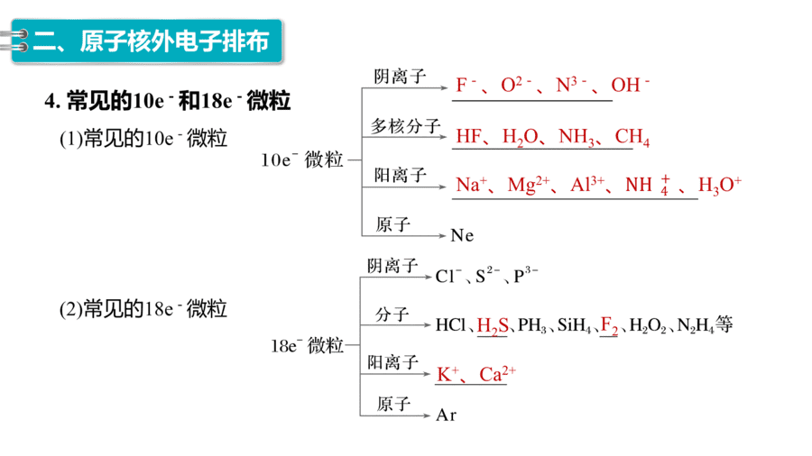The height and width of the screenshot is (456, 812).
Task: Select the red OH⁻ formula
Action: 630,85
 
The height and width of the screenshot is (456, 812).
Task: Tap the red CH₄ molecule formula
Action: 632,137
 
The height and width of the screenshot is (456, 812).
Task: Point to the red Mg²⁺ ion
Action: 528,185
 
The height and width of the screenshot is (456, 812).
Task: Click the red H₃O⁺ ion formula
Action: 720,185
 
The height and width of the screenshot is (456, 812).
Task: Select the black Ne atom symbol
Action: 462,236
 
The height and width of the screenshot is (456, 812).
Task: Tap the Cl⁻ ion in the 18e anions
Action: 448,276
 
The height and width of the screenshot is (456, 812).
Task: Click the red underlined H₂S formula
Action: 493,325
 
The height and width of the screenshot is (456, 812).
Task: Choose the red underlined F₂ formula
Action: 609,325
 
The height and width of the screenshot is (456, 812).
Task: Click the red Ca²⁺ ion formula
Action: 497,374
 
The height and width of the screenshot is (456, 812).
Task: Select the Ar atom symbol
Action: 446,415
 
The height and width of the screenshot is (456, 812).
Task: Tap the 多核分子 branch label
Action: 405,126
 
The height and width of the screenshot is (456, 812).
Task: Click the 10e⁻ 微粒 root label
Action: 302,160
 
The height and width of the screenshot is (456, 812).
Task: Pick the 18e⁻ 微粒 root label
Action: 307,345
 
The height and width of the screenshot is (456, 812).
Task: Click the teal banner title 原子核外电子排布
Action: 174,41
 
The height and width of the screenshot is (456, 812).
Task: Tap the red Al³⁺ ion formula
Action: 587,185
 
